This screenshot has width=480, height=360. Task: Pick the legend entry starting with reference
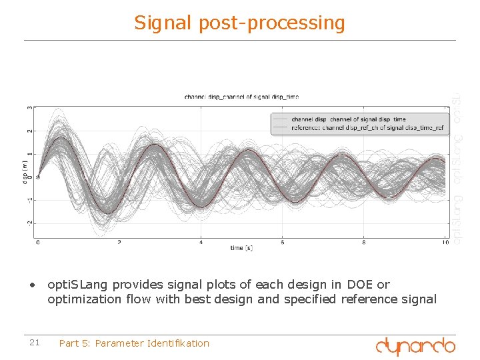point(367,127)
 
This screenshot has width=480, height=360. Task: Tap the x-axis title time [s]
point(241,248)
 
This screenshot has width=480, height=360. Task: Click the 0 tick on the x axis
point(38,242)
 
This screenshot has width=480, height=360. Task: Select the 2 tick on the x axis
point(119,242)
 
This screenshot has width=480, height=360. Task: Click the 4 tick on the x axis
point(201,242)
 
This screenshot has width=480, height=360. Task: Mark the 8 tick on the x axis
point(364,242)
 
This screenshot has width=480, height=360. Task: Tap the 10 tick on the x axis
point(445,242)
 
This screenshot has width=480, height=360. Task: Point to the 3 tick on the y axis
point(29,108)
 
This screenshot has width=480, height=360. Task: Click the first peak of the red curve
point(61,138)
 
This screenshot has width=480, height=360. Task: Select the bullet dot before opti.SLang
point(31,285)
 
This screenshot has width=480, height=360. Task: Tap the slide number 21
point(35,343)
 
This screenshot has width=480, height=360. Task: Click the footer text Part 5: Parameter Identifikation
point(134,343)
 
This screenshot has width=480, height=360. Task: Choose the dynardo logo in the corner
point(415,345)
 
